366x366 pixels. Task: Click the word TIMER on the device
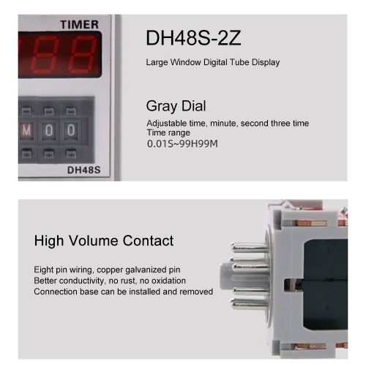(x=79, y=25)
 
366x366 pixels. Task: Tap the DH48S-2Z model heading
(x=193, y=38)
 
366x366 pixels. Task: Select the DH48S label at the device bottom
(x=83, y=170)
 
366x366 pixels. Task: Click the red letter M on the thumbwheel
(x=26, y=130)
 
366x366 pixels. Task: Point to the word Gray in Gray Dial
(x=162, y=106)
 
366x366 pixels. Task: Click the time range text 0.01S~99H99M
(x=182, y=143)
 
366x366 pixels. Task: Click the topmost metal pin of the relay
(x=249, y=248)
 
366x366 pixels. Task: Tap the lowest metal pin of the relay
(x=249, y=304)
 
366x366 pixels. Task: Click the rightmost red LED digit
(x=83, y=54)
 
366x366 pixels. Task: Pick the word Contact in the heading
(x=148, y=241)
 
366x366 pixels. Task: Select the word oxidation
(x=168, y=280)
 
